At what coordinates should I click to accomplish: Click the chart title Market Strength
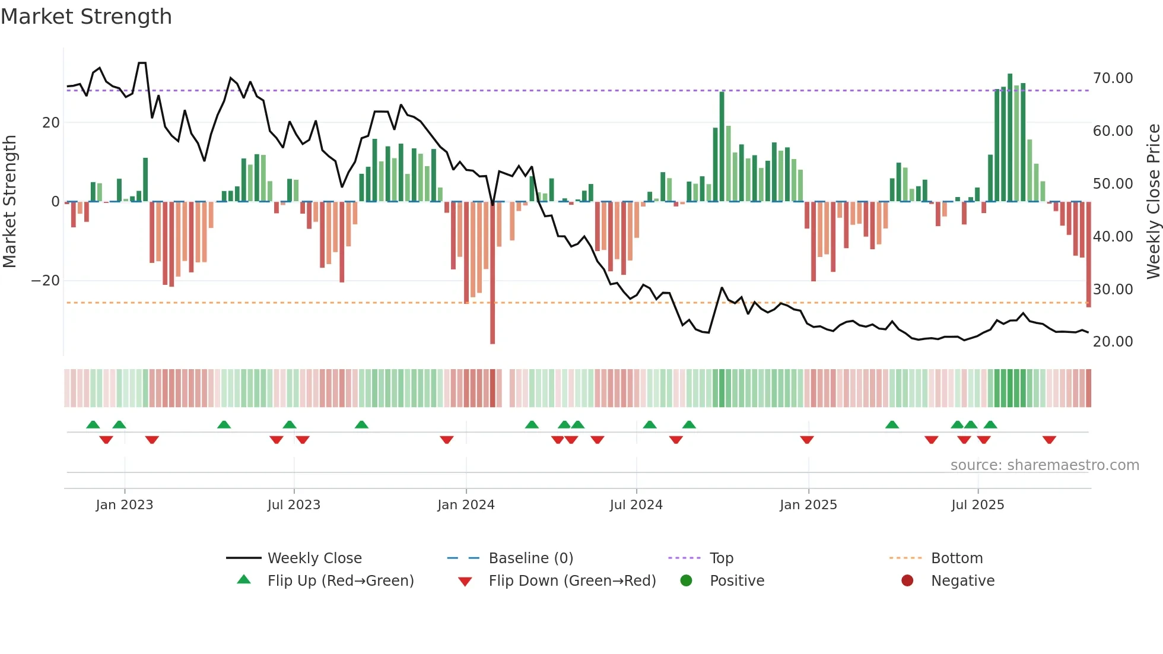click(x=86, y=17)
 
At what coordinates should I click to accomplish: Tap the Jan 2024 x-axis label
click(x=466, y=505)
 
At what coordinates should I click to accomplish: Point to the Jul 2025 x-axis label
click(x=977, y=505)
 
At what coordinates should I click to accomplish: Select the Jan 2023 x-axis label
click(x=125, y=505)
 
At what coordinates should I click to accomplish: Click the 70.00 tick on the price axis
click(x=1113, y=78)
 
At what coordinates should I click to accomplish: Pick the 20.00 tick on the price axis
click(x=1113, y=342)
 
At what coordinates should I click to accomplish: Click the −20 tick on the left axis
click(x=46, y=281)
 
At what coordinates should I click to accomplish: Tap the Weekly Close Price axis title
click(x=1153, y=202)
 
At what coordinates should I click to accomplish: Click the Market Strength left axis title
click(x=10, y=202)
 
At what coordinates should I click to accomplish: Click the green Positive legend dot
click(x=687, y=581)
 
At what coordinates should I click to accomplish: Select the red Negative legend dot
click(x=907, y=581)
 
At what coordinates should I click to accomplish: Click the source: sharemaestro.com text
click(x=1044, y=465)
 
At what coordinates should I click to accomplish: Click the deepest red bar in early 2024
click(x=492, y=273)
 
